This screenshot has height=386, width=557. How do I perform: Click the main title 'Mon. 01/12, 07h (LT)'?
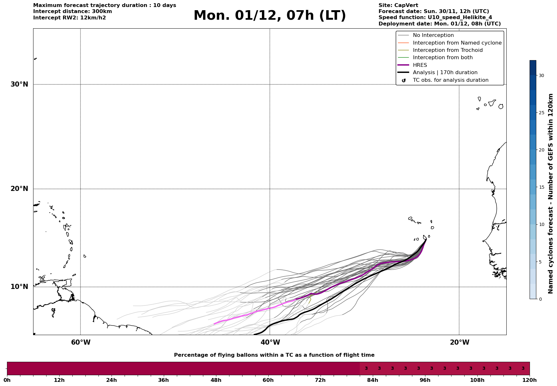pos(270,16)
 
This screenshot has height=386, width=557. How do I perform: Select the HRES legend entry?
pos(420,65)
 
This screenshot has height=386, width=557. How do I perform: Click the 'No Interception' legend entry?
pos(433,35)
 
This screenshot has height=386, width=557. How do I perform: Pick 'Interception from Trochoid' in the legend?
pos(447,50)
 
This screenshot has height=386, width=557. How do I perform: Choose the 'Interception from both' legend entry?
pos(443,58)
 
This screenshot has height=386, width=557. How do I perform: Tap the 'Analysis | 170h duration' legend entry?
pos(445,73)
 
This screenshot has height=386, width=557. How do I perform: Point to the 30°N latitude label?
pos(19,84)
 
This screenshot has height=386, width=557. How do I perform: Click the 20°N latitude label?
pos(19,189)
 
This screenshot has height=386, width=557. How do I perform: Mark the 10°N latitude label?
pos(19,287)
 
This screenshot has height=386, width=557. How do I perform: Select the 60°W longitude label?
pos(81,342)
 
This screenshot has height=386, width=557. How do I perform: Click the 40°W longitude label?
pos(270,342)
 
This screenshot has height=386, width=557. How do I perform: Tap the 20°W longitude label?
pos(459,342)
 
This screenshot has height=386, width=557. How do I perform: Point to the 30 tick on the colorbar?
pos(541,75)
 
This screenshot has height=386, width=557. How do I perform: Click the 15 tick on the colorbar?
pos(541,187)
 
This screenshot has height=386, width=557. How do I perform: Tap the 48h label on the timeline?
pos(216,380)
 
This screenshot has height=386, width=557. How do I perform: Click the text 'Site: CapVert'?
pos(398,5)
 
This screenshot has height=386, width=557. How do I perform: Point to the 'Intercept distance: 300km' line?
pos(72,11)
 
